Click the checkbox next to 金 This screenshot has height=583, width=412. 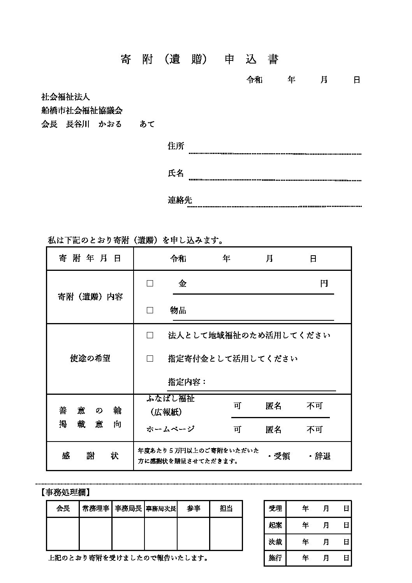coord(150,284)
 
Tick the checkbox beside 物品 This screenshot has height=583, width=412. coord(150,310)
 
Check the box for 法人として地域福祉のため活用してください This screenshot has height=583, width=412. coord(150,335)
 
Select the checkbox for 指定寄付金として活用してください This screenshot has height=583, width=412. coord(150,359)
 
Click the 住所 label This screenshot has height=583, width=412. coord(176,146)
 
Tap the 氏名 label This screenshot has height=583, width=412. coord(176,173)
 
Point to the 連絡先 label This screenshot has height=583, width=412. coord(180,200)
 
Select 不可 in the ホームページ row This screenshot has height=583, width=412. coord(315,429)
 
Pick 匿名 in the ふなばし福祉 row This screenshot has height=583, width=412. coord(273,406)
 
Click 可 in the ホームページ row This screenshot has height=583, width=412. coord(237,429)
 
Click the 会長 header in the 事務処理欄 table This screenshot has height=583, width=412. coord(63,509)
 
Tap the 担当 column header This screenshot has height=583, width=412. coord(226,509)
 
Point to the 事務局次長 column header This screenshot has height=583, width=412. coord(161,509)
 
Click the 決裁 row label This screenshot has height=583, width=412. coord(275,542)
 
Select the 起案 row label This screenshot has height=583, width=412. coord(275,525)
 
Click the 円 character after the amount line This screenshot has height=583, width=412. coord(324,284)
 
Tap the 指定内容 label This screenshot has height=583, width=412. coord(187,382)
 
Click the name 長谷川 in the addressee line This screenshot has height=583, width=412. coord(78,124)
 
